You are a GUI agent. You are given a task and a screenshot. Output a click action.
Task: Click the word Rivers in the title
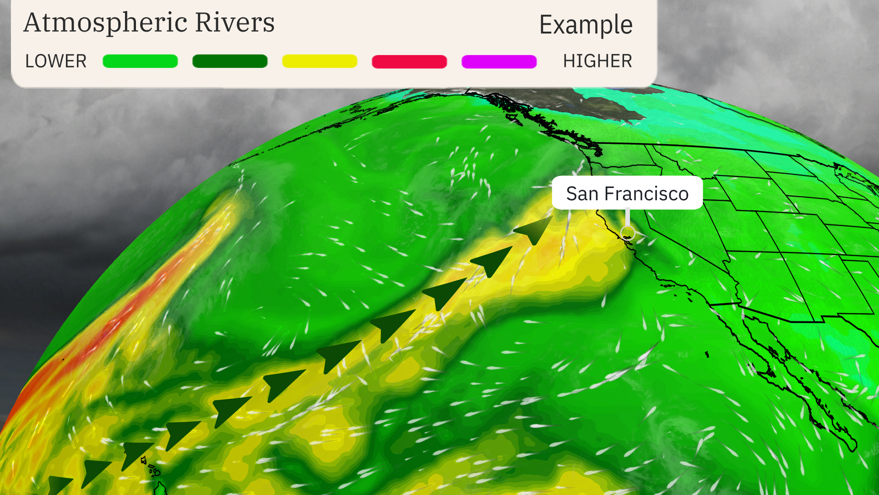click(x=234, y=22)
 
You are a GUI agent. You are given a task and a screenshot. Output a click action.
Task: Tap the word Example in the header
click(x=586, y=25)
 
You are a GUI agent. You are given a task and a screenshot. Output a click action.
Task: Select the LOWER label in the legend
click(x=56, y=61)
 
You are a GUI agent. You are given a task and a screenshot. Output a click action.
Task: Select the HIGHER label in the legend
click(x=597, y=61)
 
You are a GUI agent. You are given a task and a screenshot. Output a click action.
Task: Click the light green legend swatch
click(x=140, y=61)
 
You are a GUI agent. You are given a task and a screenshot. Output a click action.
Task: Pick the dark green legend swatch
click(x=230, y=61)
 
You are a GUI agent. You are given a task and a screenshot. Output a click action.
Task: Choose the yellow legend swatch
click(x=320, y=61)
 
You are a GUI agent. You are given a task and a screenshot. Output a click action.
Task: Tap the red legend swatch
click(x=409, y=61)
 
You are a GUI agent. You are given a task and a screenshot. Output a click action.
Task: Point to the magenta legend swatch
click(x=499, y=61)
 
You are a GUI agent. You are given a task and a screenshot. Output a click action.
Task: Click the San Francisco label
click(x=627, y=193)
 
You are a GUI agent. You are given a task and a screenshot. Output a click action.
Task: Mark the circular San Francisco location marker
click(x=628, y=233)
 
